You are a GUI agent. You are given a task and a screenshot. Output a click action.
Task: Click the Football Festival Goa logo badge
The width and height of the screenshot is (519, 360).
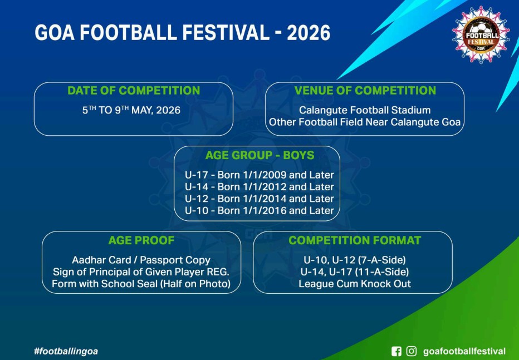(481, 34)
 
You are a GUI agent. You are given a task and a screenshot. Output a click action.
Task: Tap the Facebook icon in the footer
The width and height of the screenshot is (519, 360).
(396, 351)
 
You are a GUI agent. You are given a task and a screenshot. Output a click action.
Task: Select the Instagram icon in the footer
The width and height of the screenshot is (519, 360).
(412, 351)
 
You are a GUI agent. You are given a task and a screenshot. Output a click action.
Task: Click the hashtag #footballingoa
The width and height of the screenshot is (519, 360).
(66, 351)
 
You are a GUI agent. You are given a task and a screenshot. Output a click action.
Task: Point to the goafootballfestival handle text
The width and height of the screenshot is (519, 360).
(464, 352)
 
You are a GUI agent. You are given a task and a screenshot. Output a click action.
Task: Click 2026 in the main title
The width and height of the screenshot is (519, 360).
(309, 33)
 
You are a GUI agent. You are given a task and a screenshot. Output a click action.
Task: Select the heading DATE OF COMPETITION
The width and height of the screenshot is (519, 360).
(134, 91)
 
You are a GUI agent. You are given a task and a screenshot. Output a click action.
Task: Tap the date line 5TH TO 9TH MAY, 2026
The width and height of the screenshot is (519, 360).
(131, 110)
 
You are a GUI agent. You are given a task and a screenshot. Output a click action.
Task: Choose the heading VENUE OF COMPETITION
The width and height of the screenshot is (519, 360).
(365, 91)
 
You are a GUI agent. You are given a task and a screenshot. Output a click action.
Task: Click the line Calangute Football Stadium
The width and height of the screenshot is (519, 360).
(365, 110)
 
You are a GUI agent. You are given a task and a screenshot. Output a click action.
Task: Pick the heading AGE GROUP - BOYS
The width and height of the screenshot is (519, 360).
(260, 155)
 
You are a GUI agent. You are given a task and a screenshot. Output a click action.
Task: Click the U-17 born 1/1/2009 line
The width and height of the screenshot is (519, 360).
(259, 175)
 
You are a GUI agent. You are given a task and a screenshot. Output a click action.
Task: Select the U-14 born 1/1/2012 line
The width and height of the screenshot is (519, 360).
(259, 187)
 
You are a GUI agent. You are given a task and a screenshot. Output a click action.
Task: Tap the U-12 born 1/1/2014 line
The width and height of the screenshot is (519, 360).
(259, 199)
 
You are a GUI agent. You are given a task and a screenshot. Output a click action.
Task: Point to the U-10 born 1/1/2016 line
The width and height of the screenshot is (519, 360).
(259, 210)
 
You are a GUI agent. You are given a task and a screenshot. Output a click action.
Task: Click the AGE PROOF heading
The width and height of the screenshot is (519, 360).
(141, 240)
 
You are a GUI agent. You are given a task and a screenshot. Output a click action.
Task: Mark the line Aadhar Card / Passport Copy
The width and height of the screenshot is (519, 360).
(141, 260)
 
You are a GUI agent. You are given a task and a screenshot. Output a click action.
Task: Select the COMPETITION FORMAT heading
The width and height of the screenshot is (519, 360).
(355, 240)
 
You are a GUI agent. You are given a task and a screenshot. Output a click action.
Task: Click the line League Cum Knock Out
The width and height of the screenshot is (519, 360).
(355, 284)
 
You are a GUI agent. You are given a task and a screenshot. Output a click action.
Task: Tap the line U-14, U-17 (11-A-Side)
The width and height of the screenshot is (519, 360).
(355, 272)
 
